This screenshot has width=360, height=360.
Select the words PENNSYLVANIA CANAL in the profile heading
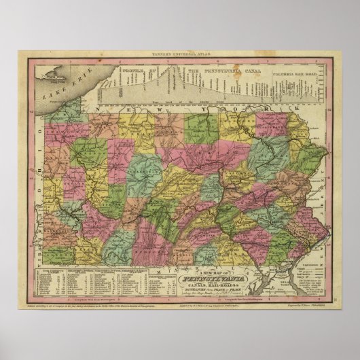[x=217, y=69]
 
